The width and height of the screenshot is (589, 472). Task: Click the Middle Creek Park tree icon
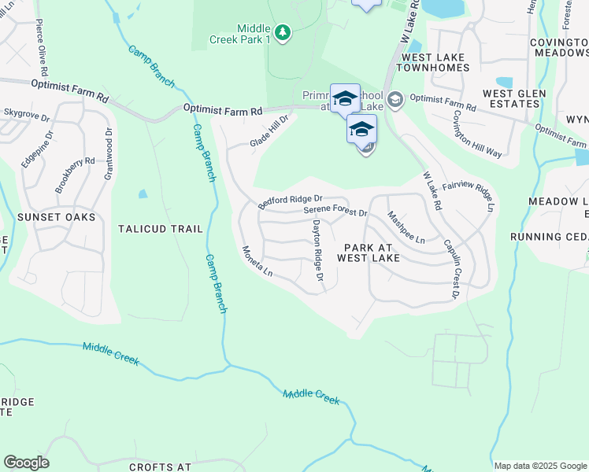coord(283,32)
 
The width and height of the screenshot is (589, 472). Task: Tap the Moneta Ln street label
coord(257,262)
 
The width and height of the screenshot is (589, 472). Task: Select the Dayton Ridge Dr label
coord(317,249)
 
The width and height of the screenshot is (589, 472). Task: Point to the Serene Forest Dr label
coord(335,212)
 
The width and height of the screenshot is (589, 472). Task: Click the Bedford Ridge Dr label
coord(291,202)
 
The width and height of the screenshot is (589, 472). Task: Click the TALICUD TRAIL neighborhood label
coord(160,229)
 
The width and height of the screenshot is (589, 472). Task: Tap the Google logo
coord(26,463)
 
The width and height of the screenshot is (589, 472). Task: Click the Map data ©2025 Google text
coord(540,466)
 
